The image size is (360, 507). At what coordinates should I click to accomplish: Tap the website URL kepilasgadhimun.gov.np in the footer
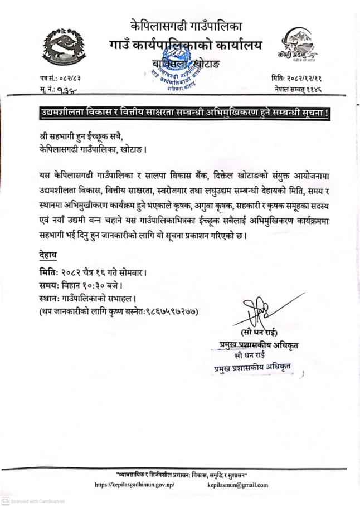(135, 485)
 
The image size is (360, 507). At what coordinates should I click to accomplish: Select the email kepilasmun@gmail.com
(235, 485)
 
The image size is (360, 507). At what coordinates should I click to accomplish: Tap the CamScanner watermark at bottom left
(33, 501)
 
